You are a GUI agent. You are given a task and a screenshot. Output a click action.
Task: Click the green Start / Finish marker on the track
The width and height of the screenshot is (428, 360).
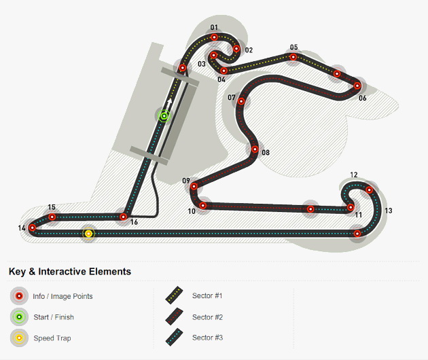pos(164,115)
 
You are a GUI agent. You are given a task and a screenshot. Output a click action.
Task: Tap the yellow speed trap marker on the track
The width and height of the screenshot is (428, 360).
pos(88,234)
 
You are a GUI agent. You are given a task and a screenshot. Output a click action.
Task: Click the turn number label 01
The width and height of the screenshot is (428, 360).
pos(214,28)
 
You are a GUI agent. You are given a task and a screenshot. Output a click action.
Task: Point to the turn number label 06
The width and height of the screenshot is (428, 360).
pos(362,98)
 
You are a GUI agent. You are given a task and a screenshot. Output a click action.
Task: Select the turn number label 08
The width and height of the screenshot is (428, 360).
pos(266,153)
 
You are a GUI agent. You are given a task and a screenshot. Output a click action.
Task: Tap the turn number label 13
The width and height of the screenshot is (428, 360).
pos(388,211)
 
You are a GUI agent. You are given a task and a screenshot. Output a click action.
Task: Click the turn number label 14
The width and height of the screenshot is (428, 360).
pos(22,228)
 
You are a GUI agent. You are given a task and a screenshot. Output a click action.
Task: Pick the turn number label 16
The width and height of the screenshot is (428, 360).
pos(134,222)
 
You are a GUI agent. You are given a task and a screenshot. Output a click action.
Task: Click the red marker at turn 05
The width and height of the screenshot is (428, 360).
pos(293,57)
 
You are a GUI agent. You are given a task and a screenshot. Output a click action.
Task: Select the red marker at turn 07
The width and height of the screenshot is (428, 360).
pos(241,102)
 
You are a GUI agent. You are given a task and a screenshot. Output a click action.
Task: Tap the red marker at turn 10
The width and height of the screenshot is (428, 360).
pos(202,204)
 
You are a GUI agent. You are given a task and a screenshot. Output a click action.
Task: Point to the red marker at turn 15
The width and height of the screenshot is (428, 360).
pos(52,217)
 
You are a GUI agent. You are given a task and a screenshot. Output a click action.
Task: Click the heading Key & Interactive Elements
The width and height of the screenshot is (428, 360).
pos(70,271)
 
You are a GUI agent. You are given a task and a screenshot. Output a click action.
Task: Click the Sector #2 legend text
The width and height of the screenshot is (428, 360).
pos(207,317)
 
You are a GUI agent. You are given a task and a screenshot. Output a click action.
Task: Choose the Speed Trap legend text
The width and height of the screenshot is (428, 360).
pos(52,338)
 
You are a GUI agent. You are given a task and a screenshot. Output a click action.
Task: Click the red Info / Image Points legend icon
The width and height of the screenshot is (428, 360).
pos(19,296)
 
